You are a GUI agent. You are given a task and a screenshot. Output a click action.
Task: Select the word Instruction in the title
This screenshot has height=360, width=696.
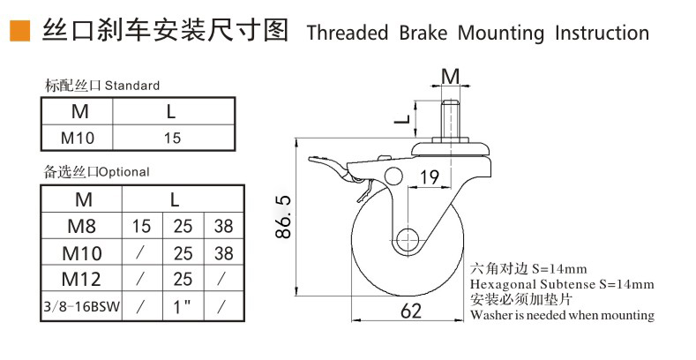click(x=602, y=34)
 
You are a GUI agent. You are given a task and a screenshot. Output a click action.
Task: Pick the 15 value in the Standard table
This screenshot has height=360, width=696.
click(x=172, y=138)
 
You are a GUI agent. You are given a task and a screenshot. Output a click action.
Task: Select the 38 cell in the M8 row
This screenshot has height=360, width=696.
click(x=224, y=226)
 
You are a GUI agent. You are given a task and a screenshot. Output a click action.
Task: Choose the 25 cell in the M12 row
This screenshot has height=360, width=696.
click(x=183, y=280)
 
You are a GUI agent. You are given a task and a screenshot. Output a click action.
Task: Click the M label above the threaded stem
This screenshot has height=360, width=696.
click(x=450, y=76)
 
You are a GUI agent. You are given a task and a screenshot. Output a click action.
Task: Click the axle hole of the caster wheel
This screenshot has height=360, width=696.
click(x=407, y=240)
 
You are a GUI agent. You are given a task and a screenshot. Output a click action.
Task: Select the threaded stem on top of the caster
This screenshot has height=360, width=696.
click(x=451, y=118)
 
